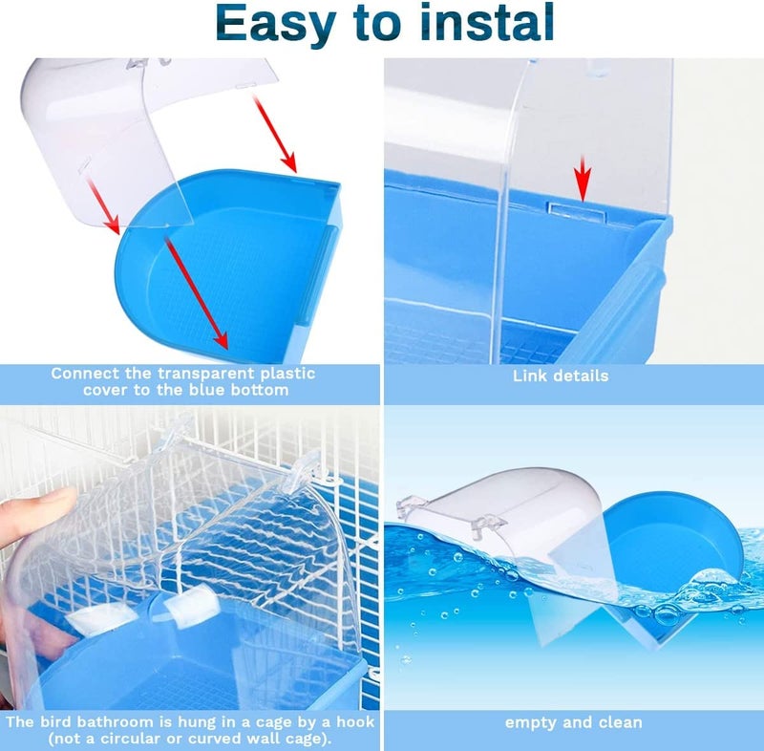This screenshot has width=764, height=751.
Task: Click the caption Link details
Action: pos(561,375)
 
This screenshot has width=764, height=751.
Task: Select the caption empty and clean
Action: pos(574,722)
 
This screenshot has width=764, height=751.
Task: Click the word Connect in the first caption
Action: pos(84,373)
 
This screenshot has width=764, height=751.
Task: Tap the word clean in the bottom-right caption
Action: pos(618,722)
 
